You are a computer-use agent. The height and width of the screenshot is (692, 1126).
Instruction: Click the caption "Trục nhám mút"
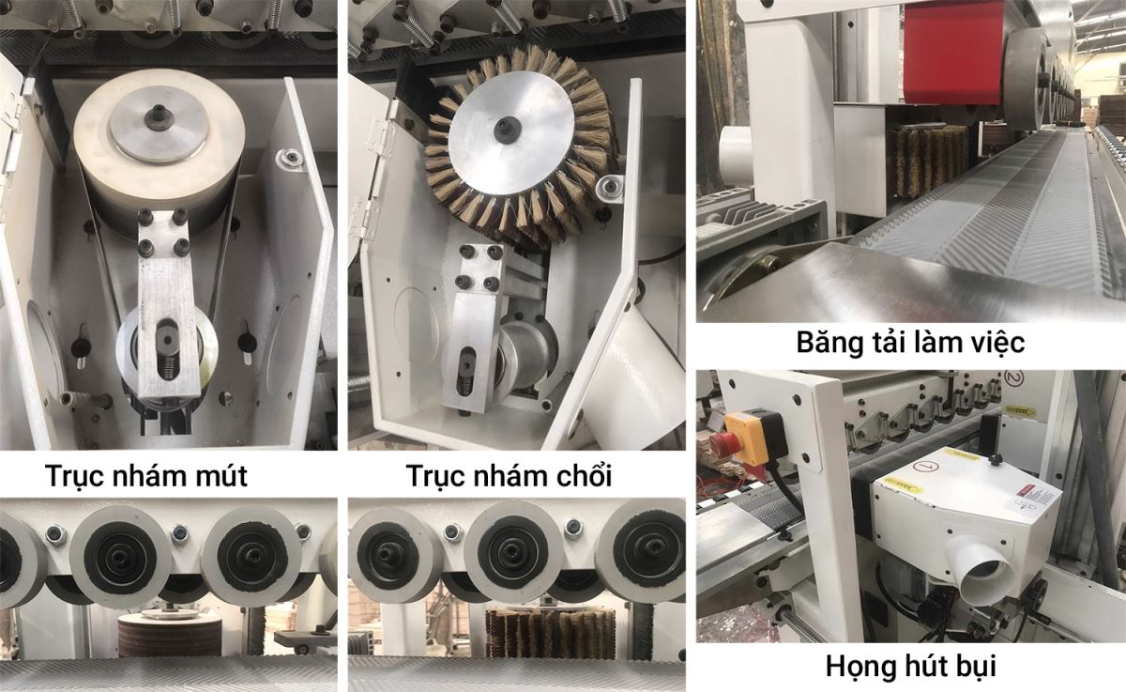145,476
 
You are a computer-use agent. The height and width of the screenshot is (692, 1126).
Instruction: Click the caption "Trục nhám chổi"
509,476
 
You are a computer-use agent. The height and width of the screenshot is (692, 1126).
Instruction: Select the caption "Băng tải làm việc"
910,343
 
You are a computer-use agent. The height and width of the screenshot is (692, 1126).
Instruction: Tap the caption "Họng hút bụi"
911,667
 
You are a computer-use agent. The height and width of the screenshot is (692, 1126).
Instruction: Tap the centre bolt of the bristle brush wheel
505,128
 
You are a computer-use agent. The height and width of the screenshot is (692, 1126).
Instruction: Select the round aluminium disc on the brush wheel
511,131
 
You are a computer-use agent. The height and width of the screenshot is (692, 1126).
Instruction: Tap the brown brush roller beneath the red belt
927,154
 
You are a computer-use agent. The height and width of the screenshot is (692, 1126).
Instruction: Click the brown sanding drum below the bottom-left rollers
170,638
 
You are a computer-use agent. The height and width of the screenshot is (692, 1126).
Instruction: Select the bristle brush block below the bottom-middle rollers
550,635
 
